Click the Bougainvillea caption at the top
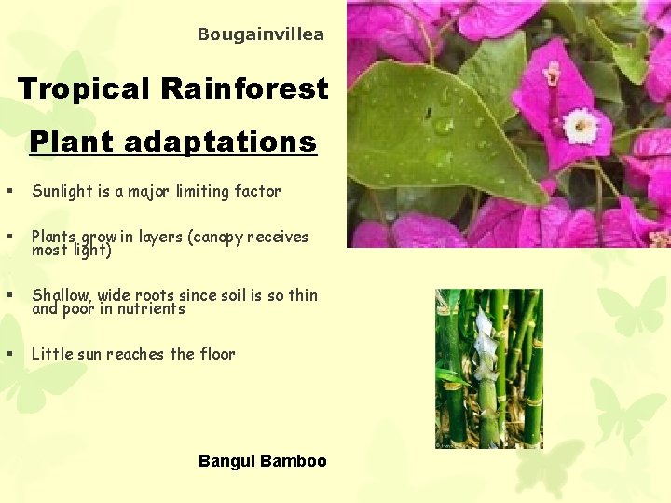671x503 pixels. pyautogui.click(x=261, y=34)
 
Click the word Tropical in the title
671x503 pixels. pyautogui.click(x=85, y=89)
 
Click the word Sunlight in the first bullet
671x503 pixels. pyautogui.click(x=62, y=191)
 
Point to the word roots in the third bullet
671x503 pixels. pyautogui.click(x=155, y=295)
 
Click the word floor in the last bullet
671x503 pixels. pyautogui.click(x=217, y=354)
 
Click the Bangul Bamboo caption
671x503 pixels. pyautogui.click(x=262, y=461)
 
